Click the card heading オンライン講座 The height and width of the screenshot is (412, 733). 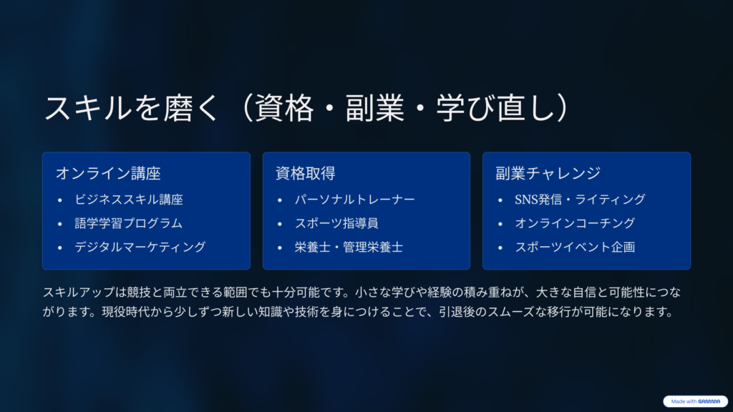(x=108, y=173)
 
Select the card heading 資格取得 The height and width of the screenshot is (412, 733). (x=305, y=173)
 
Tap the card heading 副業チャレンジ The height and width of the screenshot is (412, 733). (x=548, y=173)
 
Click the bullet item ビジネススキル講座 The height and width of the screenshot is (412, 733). (x=129, y=200)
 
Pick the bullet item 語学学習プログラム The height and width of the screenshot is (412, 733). (x=129, y=223)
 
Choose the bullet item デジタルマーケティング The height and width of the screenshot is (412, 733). (x=140, y=247)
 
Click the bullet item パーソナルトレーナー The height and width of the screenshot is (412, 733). (x=355, y=200)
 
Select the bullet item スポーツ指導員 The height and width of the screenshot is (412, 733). (x=336, y=223)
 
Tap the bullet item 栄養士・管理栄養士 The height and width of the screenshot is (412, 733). (x=349, y=247)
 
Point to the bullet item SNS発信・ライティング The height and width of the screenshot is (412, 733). (x=580, y=200)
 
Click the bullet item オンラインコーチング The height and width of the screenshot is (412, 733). (x=575, y=223)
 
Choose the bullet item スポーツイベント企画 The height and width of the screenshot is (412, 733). (x=575, y=247)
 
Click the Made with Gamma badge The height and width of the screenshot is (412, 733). (x=695, y=401)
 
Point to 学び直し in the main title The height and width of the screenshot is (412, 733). (x=496, y=109)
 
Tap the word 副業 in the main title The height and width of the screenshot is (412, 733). (x=374, y=109)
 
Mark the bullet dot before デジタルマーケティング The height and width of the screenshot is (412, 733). (x=60, y=247)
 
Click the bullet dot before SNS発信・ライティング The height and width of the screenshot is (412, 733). (x=500, y=200)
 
